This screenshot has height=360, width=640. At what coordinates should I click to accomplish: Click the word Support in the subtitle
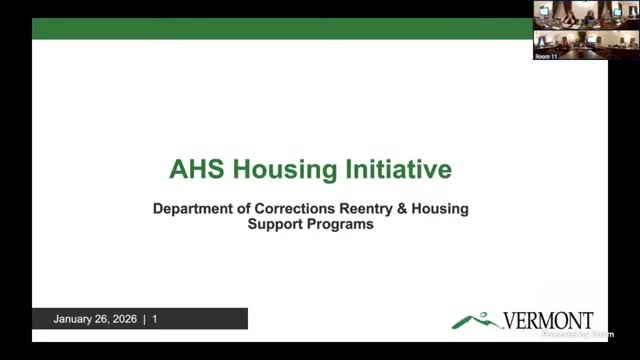pos(277,225)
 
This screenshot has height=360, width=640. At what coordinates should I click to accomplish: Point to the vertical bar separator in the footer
pos(146,320)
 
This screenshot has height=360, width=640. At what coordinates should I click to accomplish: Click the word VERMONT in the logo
pos(549,321)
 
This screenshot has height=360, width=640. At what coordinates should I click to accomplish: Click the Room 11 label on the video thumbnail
pos(545,57)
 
